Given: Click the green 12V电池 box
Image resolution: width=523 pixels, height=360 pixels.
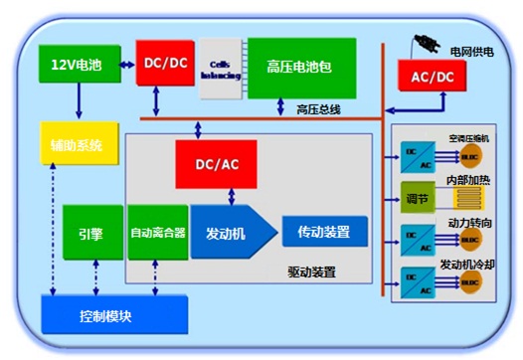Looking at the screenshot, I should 79,64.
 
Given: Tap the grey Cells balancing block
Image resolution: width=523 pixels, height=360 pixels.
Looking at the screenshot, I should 220,69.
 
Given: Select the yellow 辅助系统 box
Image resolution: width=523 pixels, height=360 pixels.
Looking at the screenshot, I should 78,145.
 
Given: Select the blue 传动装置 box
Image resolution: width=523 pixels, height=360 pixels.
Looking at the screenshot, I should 324,232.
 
